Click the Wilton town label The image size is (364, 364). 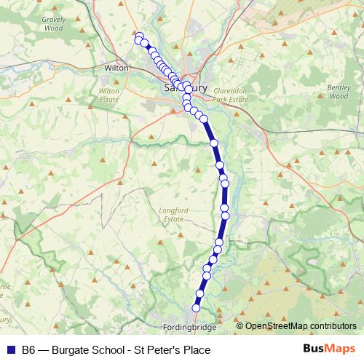coord(116,67)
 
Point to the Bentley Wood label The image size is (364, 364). coord(340,91)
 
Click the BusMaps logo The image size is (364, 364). coord(330,349)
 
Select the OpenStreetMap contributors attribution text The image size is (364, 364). coord(301,326)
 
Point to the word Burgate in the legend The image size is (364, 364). coord(71,350)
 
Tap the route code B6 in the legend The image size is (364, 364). coord(28,350)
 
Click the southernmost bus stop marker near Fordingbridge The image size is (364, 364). coord(195,308)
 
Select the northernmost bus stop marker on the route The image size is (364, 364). coord(139,36)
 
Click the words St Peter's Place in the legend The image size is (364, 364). coord(179,350)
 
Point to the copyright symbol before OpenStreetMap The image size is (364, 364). coord(240,326)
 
